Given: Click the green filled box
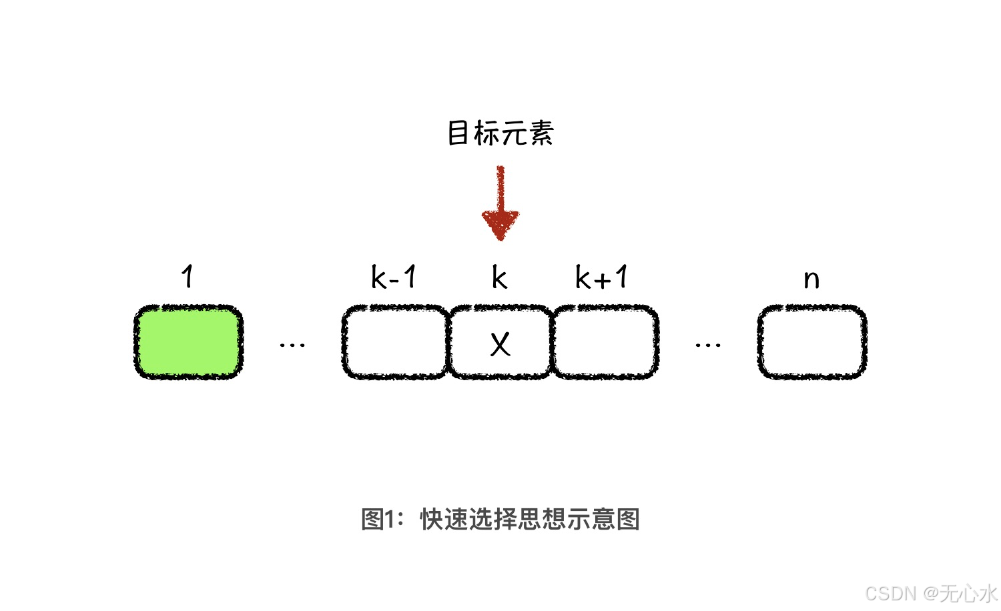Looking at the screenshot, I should (188, 342).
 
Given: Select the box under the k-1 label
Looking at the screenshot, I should (395, 342).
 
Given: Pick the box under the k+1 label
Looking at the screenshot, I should (605, 342).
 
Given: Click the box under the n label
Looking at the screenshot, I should (812, 342).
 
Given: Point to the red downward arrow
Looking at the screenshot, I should (500, 200).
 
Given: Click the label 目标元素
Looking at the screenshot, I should (500, 133).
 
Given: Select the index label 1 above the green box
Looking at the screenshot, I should (188, 276).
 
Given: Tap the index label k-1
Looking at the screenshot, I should (394, 277).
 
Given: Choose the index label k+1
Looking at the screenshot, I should (602, 277).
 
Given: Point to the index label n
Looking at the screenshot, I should (811, 279).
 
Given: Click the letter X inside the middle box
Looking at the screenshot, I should (500, 345).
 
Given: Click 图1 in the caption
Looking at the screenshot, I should (379, 519).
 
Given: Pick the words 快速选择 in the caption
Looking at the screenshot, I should (468, 519).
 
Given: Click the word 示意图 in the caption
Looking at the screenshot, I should (603, 519).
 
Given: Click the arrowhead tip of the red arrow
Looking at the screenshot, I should (500, 237).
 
